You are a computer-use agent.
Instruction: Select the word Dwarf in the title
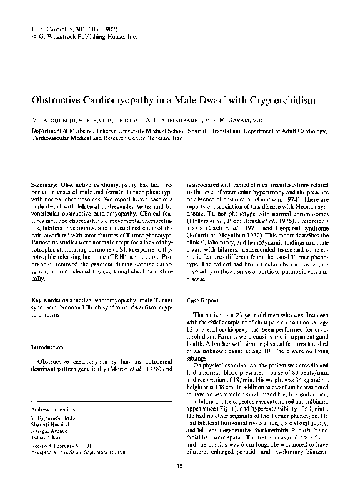coord(191,100)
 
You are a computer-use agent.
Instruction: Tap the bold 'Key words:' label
coord(47,301)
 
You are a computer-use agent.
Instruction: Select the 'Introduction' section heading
coord(50,347)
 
